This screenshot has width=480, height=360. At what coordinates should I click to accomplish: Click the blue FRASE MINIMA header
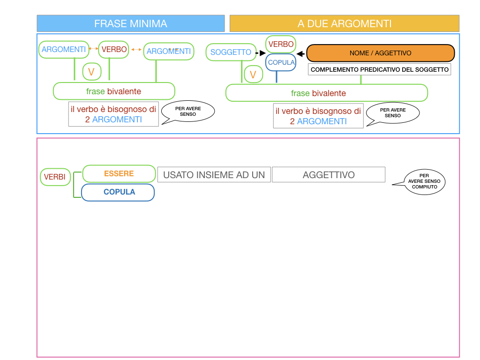tap(131, 23)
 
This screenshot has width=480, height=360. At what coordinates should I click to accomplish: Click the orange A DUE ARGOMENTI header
tap(345, 23)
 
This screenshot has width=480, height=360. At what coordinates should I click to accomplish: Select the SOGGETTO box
tap(231, 52)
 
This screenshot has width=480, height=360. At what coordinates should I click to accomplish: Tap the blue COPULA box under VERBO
tap(281, 62)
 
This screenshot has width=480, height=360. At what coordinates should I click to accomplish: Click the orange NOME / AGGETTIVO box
tap(380, 53)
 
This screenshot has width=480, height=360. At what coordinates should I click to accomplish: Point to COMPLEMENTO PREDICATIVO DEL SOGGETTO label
tap(380, 69)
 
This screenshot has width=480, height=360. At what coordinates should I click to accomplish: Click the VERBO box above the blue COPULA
tap(281, 44)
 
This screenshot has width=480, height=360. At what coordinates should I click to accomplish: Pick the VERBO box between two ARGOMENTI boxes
tap(114, 49)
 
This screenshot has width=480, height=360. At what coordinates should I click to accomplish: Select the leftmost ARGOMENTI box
tap(64, 49)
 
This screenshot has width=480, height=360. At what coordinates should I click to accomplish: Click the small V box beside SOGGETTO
tap(253, 74)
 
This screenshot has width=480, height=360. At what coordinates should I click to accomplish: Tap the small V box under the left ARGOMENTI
tap(91, 72)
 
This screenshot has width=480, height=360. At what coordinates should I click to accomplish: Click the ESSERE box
tap(119, 173)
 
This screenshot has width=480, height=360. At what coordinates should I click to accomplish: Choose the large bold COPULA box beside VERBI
tap(119, 192)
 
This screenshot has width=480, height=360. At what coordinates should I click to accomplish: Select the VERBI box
tap(55, 177)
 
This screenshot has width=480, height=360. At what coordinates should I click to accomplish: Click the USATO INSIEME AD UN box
tap(214, 175)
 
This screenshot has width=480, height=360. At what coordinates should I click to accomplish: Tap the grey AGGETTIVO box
tap(329, 175)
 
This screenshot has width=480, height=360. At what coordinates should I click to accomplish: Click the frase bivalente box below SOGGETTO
tap(326, 93)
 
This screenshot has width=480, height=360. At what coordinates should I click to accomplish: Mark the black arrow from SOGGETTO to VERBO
tap(257, 53)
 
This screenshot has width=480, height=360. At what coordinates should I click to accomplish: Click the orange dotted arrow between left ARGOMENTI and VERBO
tap(93, 48)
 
